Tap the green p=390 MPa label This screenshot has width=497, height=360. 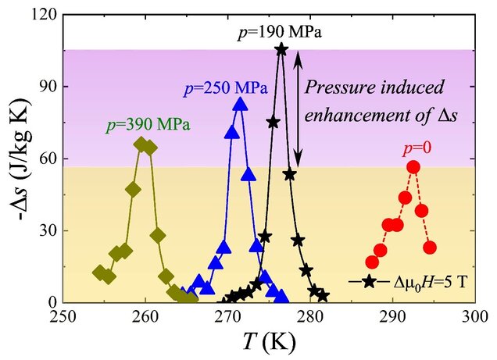[148, 124]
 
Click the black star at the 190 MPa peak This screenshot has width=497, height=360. [281, 49]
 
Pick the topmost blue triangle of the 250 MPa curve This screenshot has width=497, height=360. [240, 103]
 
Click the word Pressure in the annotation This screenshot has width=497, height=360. [338, 87]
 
